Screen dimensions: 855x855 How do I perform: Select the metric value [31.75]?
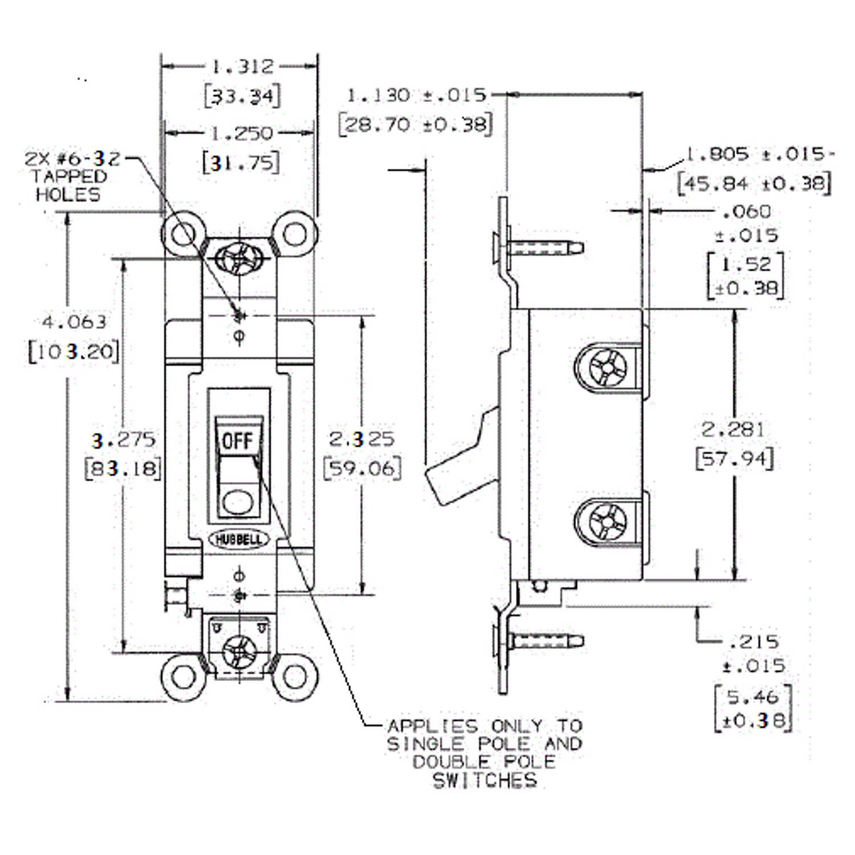pyautogui.click(x=241, y=162)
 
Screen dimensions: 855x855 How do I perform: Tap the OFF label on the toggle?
pyautogui.click(x=238, y=441)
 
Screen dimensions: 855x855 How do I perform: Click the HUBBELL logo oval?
pyautogui.click(x=239, y=539)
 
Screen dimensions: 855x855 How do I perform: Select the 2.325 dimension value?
pyautogui.click(x=362, y=439)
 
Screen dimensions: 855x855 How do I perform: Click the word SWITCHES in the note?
pyautogui.click(x=484, y=781)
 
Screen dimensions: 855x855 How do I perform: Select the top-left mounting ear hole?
pyautogui.click(x=182, y=232)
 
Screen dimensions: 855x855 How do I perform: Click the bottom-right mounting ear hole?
pyautogui.click(x=294, y=676)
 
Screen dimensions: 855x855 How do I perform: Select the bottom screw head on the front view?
pyautogui.click(x=239, y=650)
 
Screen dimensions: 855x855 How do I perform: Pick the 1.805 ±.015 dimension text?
pyautogui.click(x=757, y=154)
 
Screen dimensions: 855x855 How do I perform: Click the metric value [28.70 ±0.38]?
pyautogui.click(x=415, y=125)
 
